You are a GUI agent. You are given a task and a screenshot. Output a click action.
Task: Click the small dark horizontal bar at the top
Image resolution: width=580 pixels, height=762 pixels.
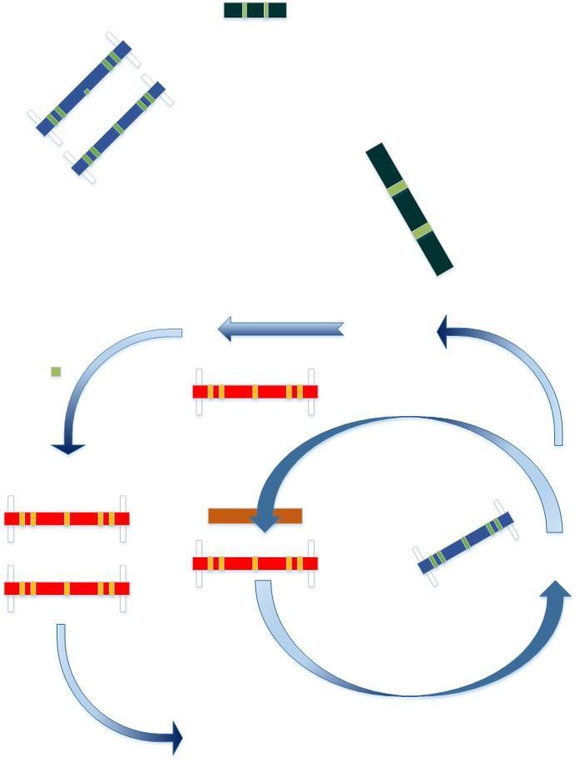click(x=255, y=10)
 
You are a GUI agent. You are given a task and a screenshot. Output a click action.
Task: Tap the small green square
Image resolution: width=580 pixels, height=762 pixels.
click(x=56, y=372)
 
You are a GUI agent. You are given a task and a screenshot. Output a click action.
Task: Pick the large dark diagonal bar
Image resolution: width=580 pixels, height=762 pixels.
click(x=409, y=209)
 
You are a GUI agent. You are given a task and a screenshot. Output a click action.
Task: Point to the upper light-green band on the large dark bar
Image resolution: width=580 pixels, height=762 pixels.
click(x=398, y=188)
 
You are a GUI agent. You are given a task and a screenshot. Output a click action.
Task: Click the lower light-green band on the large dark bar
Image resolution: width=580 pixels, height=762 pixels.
click(x=422, y=230)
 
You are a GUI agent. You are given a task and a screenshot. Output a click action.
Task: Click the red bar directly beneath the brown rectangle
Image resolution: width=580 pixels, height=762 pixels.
click(x=255, y=563)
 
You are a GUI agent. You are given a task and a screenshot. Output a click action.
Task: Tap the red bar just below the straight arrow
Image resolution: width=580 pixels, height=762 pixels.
click(x=255, y=391)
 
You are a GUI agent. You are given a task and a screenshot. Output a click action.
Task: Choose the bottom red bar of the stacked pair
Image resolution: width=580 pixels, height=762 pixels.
click(x=67, y=588)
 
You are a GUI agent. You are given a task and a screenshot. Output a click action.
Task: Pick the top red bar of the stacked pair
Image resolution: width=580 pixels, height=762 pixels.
click(x=67, y=518)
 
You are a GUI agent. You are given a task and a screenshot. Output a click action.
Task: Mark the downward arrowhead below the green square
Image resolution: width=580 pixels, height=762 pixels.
click(x=68, y=449)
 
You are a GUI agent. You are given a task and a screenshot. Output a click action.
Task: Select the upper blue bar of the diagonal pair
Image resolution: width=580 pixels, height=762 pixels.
click(x=84, y=87)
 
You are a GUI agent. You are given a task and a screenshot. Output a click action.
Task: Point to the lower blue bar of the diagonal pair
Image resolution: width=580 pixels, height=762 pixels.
click(x=119, y=128)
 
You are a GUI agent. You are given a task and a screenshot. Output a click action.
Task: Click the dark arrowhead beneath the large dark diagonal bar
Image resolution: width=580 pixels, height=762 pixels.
click(x=447, y=334)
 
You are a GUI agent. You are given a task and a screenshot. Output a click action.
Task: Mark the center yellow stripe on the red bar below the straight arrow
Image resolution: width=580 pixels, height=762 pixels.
click(x=255, y=391)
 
